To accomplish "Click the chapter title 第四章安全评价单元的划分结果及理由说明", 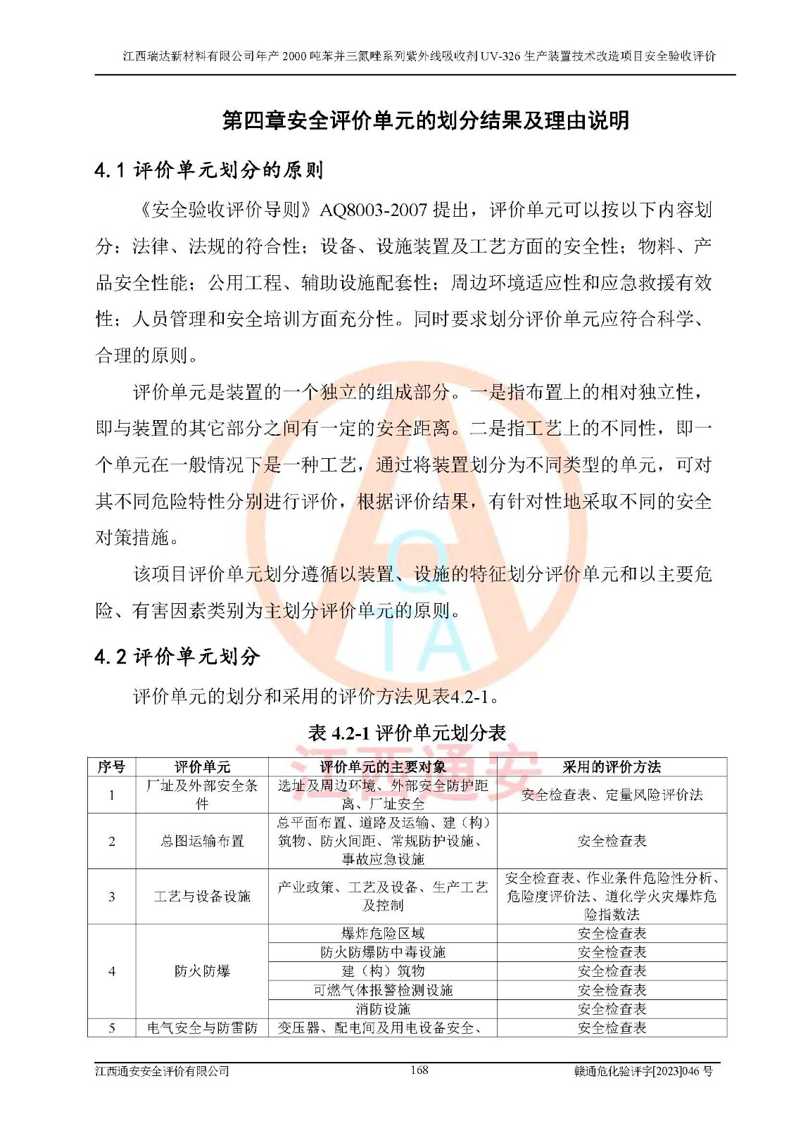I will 425,120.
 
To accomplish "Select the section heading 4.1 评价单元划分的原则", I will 209,170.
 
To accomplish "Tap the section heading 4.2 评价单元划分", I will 177,657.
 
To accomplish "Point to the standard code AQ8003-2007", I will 373,210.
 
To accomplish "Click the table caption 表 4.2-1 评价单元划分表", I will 407,733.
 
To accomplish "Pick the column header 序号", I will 111,766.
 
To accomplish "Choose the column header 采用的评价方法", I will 611,766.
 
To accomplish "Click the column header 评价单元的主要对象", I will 382,766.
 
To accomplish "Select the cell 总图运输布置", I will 202,841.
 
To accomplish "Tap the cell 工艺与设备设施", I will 202,896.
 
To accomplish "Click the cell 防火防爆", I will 202,971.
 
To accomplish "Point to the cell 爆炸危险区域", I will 382,933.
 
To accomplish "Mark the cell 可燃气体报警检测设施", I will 382,990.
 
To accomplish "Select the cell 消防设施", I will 382,1009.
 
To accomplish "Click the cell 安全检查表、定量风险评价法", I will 611,795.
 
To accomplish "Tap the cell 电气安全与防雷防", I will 202,1028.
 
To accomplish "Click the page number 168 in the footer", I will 419,1070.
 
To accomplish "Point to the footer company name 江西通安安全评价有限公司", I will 163,1071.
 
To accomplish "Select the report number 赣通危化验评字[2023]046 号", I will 643,1071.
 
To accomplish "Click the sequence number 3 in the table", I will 111,896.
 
